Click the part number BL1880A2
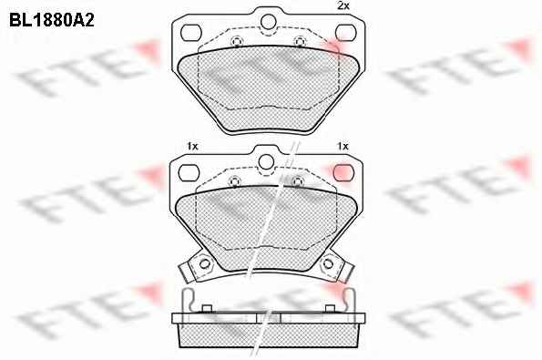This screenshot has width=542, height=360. coord(52,21)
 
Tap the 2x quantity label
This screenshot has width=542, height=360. coord(343,5)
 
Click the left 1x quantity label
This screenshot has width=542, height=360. coord(192,147)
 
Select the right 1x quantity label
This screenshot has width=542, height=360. coord(343,147)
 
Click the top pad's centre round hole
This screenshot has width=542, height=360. coord(269,22)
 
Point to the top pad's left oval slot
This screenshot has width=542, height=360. coord(190,33)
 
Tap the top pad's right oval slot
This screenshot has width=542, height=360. coord(345,33)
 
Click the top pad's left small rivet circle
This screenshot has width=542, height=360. coord(236,42)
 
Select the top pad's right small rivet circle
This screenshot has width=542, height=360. coord(300,42)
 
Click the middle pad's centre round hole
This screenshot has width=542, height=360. coord(266,162)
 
